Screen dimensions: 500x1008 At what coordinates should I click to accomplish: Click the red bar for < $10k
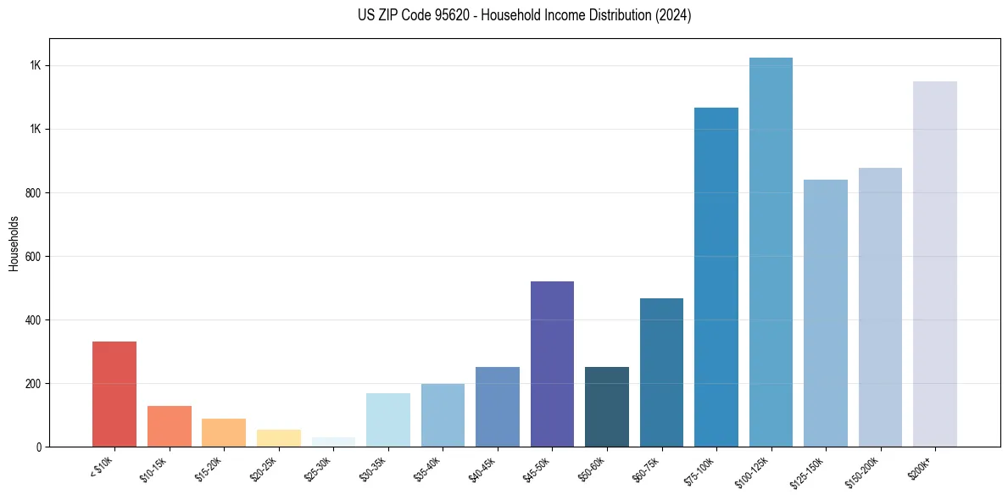114,394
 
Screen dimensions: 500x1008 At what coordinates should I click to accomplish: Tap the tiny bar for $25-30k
333,442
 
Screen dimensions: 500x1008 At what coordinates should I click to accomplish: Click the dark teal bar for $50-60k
607,407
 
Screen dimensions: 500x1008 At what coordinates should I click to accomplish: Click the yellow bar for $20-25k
278,438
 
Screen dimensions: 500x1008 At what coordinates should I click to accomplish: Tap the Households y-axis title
14,243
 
